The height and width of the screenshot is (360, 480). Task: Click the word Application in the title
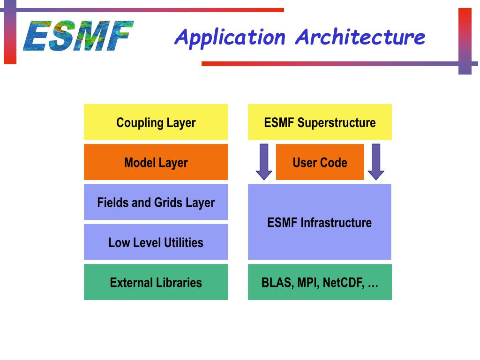tap(230, 37)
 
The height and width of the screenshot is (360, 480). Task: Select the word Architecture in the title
tap(360, 37)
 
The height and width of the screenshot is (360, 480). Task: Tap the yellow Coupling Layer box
tap(156, 122)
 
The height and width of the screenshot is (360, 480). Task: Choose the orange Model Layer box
tap(156, 162)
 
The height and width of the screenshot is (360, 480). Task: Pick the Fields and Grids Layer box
tap(156, 202)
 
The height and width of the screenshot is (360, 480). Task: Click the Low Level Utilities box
tap(156, 242)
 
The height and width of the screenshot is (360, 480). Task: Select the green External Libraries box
tap(156, 282)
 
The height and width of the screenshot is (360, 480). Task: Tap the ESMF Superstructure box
tap(320, 122)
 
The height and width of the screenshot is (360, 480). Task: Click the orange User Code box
tap(320, 162)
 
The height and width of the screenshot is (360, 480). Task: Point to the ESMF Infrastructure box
tap(320, 222)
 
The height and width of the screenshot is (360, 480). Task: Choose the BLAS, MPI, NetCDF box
tap(320, 282)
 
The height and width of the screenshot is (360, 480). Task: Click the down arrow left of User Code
tap(264, 162)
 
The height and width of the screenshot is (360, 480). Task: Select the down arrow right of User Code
tap(375, 162)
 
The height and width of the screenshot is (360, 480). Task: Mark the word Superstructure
tap(337, 123)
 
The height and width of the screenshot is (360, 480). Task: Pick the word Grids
tap(169, 202)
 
